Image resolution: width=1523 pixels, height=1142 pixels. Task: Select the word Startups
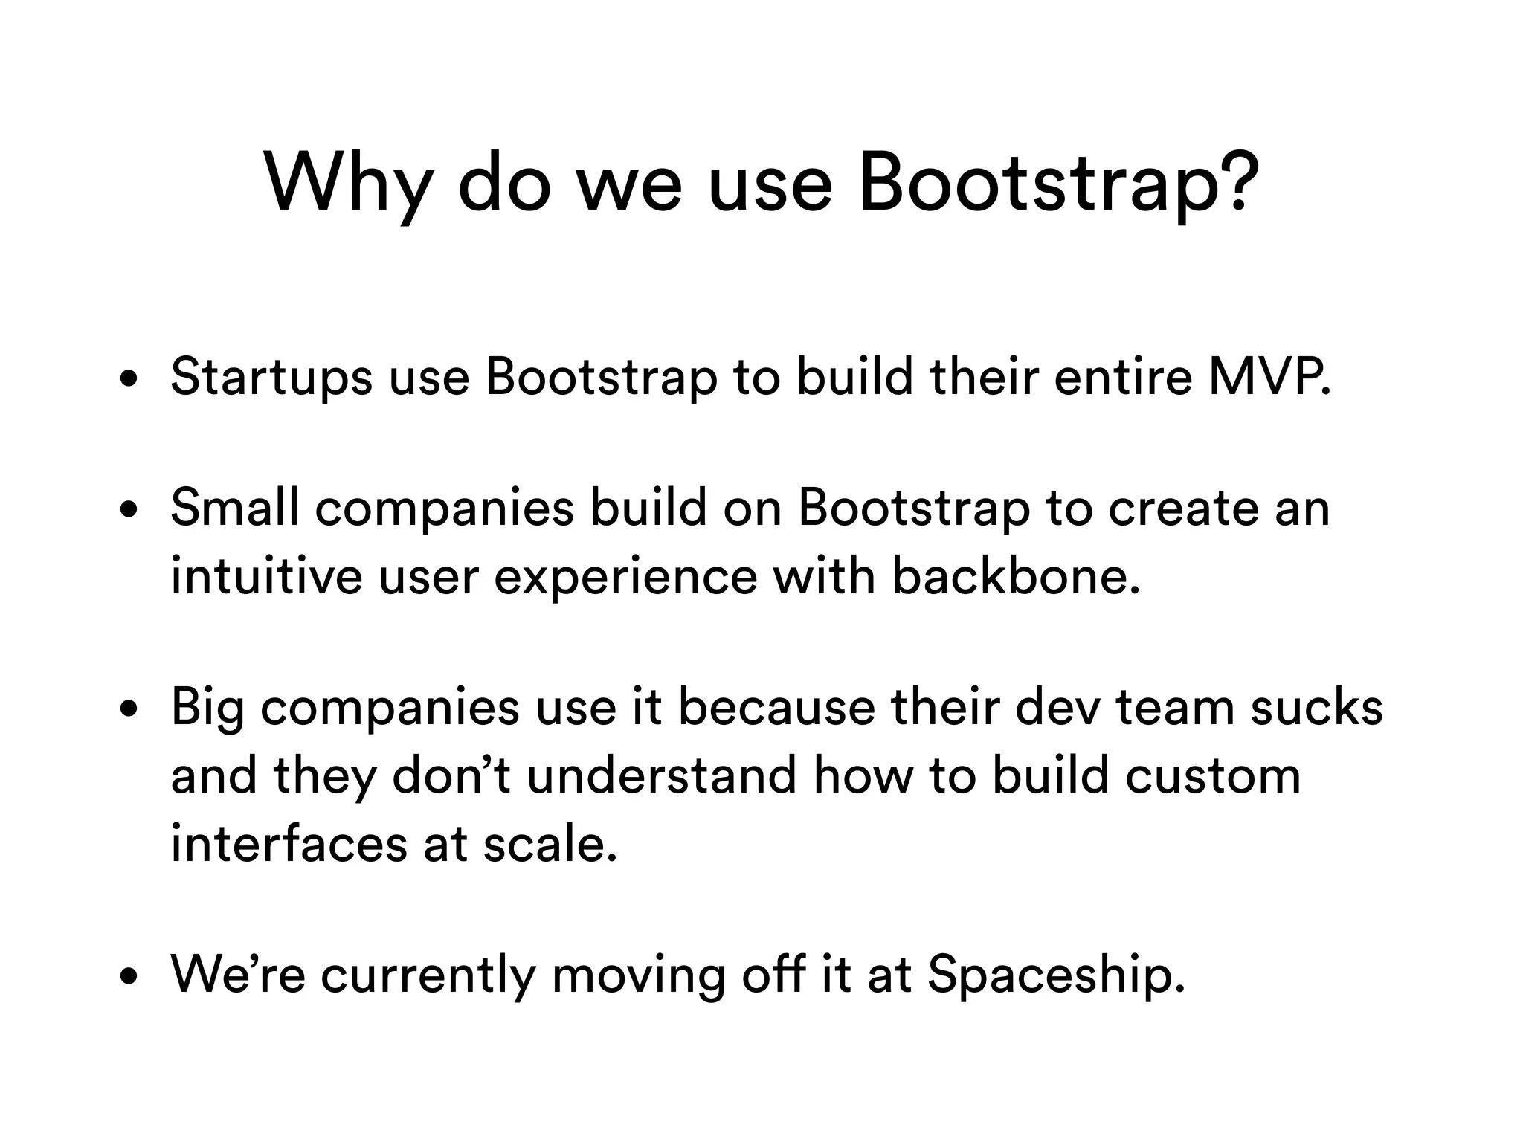(271, 378)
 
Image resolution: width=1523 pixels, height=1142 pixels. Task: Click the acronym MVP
(1269, 376)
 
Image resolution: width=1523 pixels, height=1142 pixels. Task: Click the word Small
(234, 509)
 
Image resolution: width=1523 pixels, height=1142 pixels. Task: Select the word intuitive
(266, 576)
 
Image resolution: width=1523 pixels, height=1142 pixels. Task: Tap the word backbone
(1015, 576)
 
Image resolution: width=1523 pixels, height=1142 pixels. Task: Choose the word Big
(207, 709)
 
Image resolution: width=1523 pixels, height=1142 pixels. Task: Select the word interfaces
(289, 844)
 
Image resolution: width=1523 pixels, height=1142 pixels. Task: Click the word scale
(550, 844)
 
